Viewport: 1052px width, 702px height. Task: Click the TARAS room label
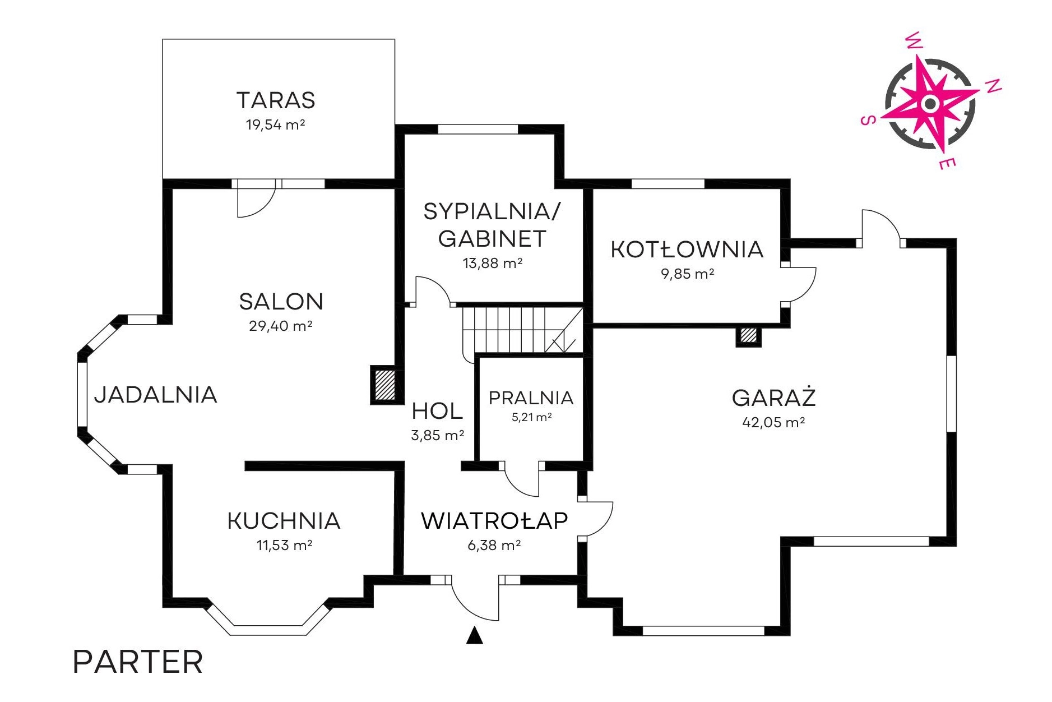coord(276,100)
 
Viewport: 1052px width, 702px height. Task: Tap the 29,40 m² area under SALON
coord(280,326)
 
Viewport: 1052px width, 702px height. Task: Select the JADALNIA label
coord(156,395)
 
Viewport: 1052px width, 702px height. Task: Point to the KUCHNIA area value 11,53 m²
coord(284,545)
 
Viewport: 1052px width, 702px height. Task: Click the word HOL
coord(437,411)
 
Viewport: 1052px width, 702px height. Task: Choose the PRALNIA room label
coord(531,398)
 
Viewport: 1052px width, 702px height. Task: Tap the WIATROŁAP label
coord(494,521)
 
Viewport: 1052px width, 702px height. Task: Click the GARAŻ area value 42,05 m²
coord(773,422)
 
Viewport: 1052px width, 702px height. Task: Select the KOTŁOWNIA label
coord(687,250)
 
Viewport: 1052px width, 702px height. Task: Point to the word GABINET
coord(492,239)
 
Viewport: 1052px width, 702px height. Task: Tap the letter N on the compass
coord(993,86)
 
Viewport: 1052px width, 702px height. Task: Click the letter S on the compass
coord(868,120)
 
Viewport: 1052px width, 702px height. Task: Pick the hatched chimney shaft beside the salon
coord(385,384)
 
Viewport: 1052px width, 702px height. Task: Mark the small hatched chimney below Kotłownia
coord(748,335)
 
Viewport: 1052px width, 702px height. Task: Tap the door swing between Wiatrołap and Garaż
coord(595,519)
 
